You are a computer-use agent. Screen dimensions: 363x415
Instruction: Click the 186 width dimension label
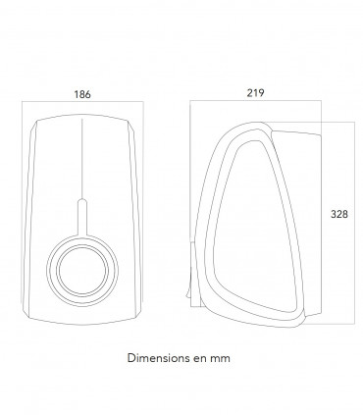click(82, 94)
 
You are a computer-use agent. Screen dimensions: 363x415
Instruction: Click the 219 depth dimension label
click(255, 93)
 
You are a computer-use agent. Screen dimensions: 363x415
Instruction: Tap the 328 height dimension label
click(339, 214)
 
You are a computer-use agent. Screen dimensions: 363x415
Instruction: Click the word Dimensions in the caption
click(153, 358)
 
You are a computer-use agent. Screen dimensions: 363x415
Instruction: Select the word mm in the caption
click(220, 358)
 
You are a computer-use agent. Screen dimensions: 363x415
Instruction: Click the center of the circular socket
click(82, 271)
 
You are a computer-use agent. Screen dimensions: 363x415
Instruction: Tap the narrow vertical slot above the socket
click(82, 217)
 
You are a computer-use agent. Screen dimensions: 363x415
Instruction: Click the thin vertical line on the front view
click(82, 159)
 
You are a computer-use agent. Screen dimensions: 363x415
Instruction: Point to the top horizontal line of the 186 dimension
click(82, 101)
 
